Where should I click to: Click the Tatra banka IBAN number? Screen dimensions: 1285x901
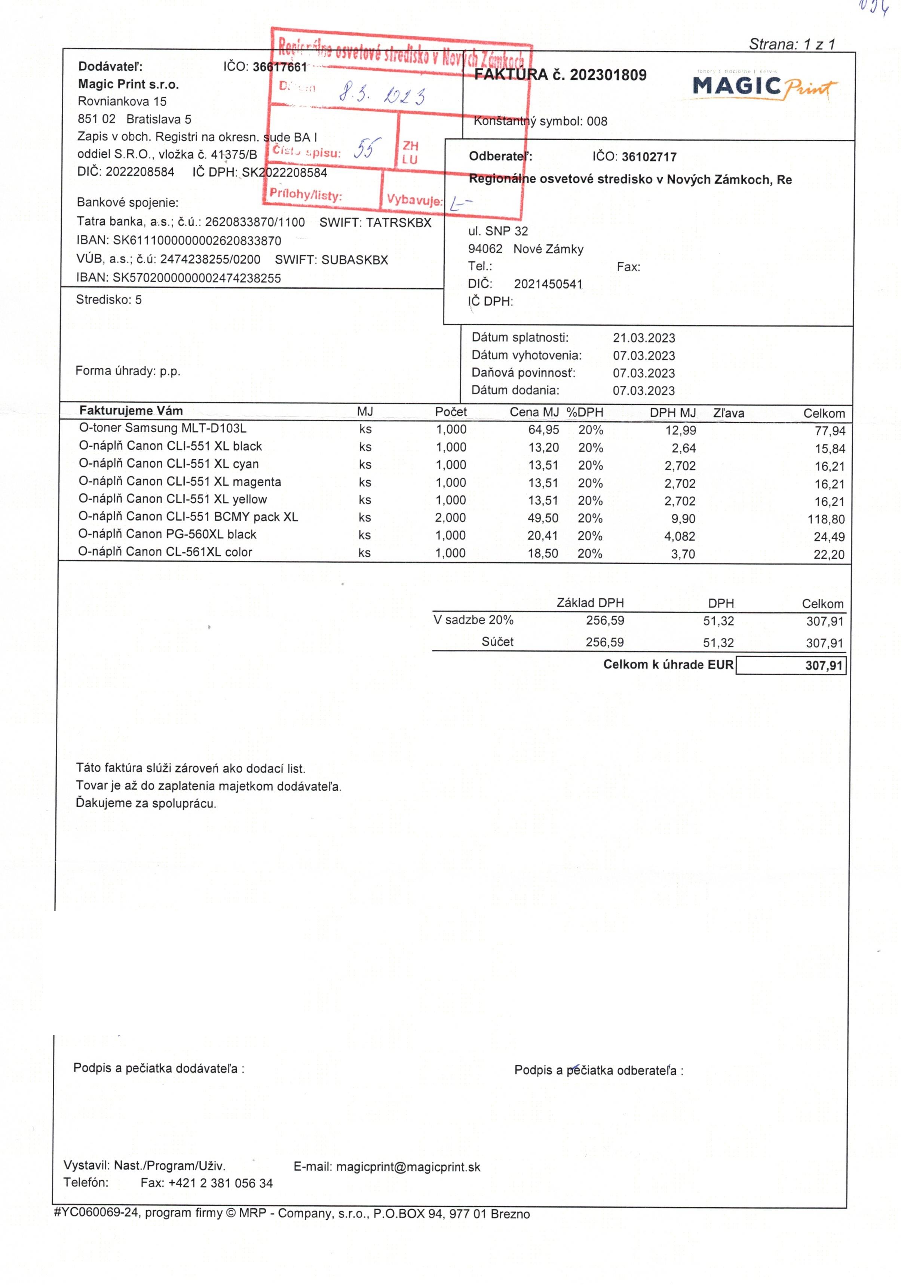(197, 241)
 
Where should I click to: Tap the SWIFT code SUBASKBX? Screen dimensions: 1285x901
(355, 260)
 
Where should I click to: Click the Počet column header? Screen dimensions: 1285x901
(450, 412)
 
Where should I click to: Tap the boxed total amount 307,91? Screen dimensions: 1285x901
(824, 665)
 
